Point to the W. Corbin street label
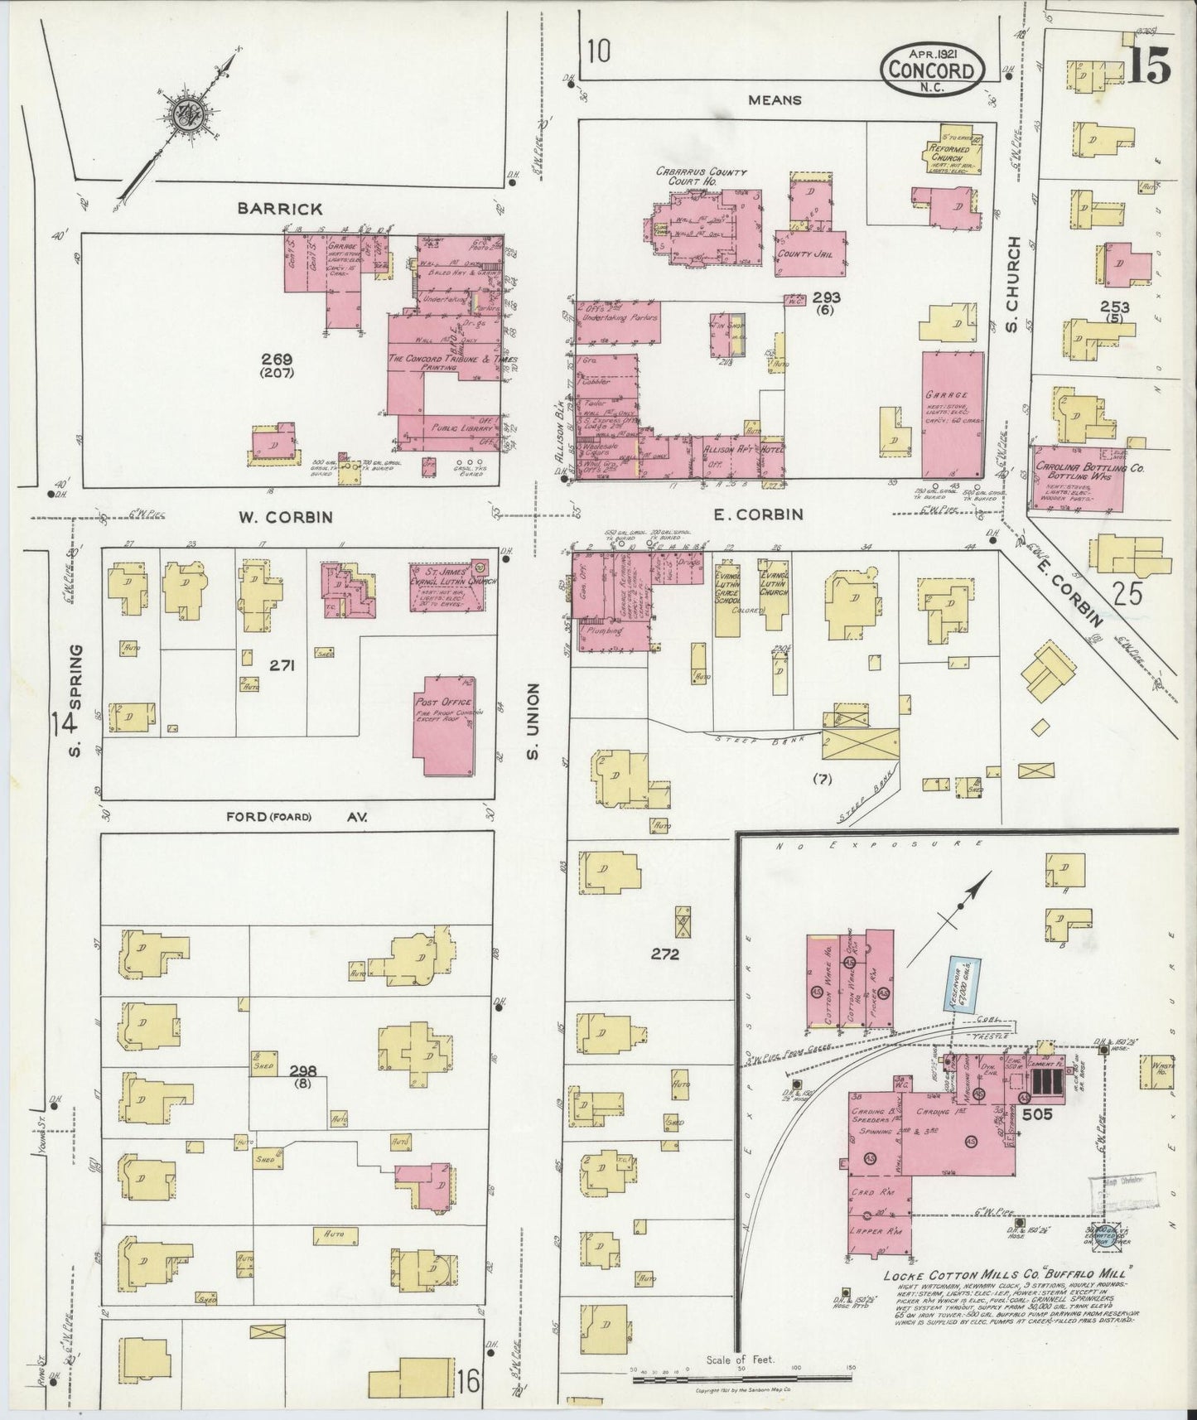coord(286,517)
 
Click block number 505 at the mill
coord(1036,1114)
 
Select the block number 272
coord(664,954)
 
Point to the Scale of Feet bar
coord(741,1380)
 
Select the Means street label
coord(774,100)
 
